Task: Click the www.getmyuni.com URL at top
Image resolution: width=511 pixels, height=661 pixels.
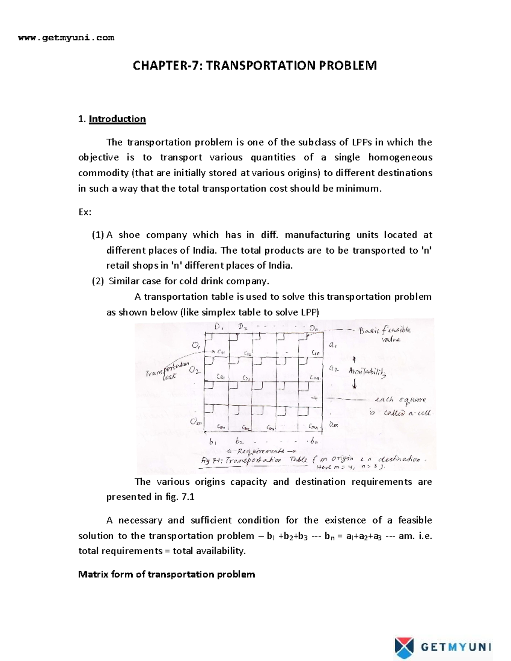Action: tap(66, 38)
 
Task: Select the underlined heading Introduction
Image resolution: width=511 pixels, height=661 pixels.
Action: tap(117, 119)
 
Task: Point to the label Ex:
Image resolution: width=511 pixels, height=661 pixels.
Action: tap(85, 212)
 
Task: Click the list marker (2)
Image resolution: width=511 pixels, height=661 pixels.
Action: tap(98, 281)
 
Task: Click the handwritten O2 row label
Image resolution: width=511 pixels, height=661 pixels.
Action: tap(195, 370)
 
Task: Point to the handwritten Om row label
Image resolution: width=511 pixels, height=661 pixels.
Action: tap(196, 422)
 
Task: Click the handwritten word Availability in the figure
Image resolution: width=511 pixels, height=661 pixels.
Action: tap(367, 372)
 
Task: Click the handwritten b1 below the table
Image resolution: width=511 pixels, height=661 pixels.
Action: tap(212, 441)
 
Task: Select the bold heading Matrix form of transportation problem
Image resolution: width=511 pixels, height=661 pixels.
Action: tap(167, 574)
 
